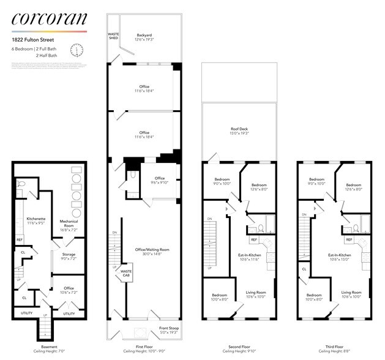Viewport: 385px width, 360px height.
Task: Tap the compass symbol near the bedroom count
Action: [77, 50]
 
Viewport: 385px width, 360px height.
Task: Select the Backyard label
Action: [144, 37]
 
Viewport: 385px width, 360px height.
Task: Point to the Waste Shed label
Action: [113, 36]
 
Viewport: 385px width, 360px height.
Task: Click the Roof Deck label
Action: [239, 131]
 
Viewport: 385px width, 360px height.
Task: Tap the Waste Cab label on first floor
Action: [126, 272]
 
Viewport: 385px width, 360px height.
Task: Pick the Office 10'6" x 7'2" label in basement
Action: [68, 290]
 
